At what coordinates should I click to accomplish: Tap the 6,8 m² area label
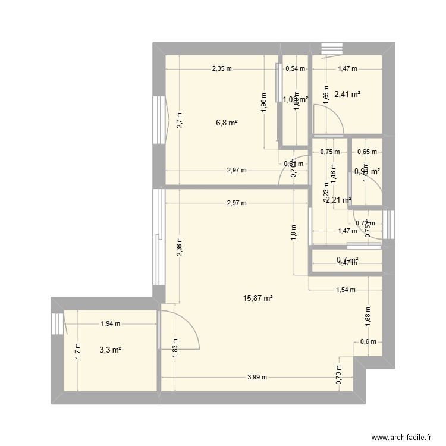[227, 123]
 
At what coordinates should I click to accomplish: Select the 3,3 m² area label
[111, 350]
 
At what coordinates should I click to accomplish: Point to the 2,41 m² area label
[348, 93]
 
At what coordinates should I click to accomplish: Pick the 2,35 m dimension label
[221, 68]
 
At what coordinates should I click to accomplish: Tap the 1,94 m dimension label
[111, 324]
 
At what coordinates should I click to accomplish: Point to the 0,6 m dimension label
[368, 341]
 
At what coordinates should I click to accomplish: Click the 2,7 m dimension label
[179, 121]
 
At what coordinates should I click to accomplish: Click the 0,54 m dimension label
[296, 68]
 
